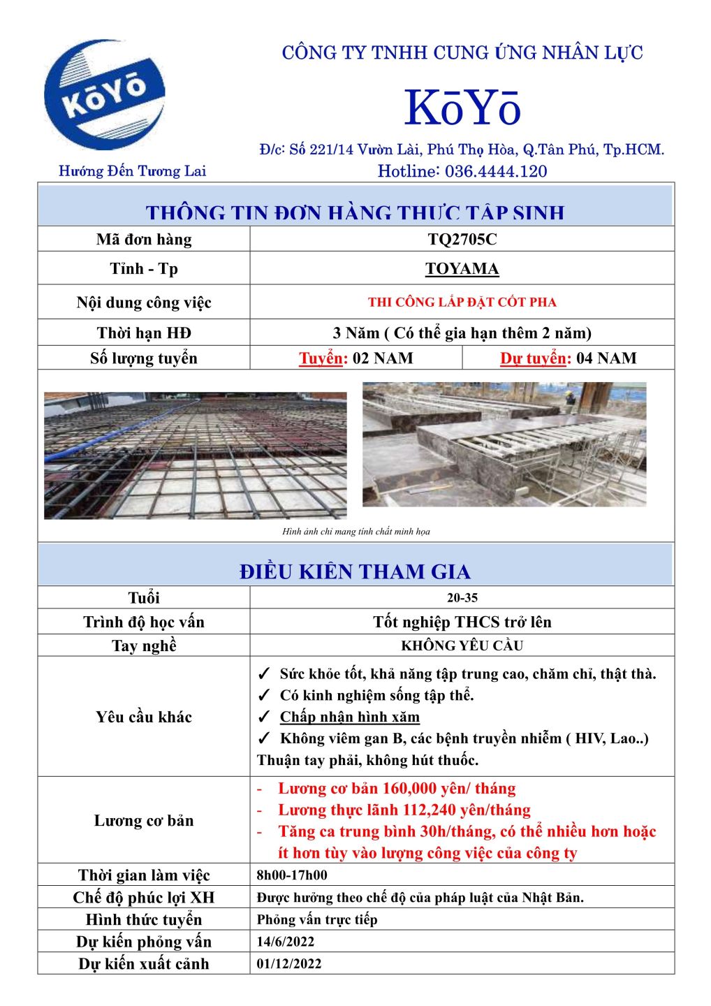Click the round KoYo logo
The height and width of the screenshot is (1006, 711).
click(105, 95)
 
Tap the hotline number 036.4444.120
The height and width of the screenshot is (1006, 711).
click(496, 171)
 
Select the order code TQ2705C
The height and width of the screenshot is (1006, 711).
click(462, 240)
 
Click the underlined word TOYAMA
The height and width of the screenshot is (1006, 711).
click(462, 269)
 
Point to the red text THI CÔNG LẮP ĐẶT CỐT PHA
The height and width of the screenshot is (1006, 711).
click(462, 302)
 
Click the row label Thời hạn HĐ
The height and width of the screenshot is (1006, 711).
click(144, 333)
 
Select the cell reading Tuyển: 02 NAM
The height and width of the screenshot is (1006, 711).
click(356, 358)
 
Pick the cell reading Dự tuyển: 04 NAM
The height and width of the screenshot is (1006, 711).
click(568, 358)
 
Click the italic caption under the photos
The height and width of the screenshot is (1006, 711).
click(356, 532)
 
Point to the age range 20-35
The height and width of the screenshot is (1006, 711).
click(462, 598)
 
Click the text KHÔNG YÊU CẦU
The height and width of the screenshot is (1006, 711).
click(462, 646)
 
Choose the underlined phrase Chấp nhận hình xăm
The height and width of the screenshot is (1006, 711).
click(350, 717)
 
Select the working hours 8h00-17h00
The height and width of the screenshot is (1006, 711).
click(292, 875)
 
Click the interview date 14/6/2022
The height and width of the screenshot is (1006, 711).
click(286, 942)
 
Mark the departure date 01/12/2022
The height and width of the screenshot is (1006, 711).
click(289, 964)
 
